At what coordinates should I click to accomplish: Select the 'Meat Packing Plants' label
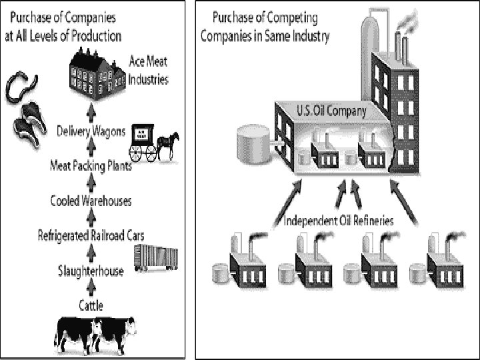pos(91,166)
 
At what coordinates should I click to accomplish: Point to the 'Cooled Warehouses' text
pos(91,201)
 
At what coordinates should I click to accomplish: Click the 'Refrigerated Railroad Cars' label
pos(91,235)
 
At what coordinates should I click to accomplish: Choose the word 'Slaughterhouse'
pos(90,271)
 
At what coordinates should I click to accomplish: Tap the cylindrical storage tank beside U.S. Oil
pos(255,143)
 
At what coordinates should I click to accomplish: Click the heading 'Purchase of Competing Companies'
pos(265,27)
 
